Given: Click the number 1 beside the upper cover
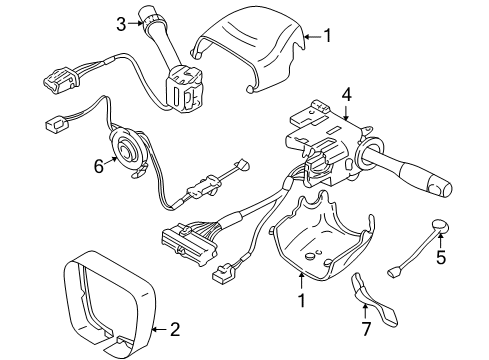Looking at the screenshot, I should click(328, 37).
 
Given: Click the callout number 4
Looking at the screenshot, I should click(347, 95).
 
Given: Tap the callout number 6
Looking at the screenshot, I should click(98, 168).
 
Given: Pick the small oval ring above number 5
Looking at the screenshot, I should click(441, 224).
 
